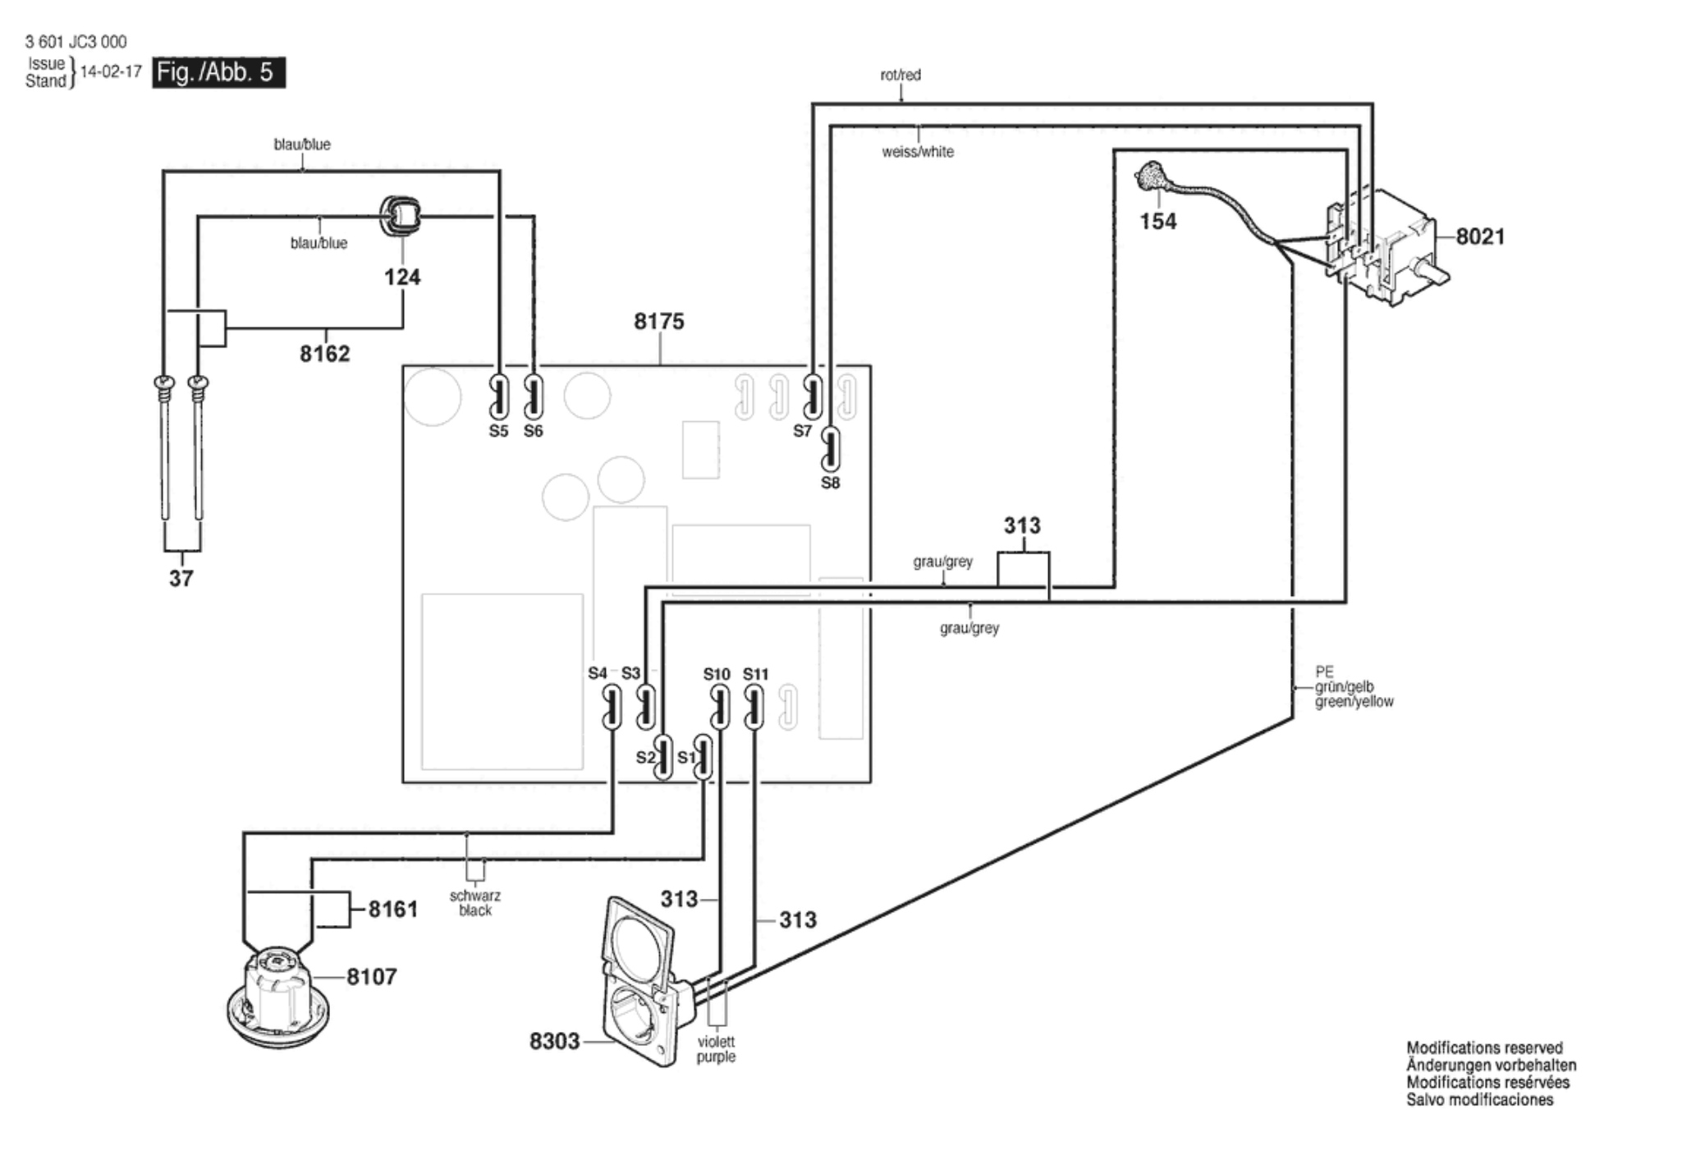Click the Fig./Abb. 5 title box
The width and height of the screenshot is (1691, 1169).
pos(219,72)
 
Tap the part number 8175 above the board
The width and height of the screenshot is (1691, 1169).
pos(658,321)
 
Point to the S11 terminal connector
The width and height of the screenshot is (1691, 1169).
pos(754,708)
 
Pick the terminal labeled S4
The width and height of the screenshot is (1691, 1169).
pos(612,708)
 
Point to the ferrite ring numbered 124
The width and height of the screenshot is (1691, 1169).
pos(401,216)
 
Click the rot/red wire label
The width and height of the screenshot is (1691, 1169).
pos(900,75)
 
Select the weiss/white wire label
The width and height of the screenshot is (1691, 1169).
pos(918,152)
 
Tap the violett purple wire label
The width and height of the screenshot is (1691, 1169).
pos(716,1049)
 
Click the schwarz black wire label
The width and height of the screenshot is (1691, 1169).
pos(475,903)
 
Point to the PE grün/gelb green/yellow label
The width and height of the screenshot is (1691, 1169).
pos(1354,687)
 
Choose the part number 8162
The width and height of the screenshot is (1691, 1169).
pos(324,354)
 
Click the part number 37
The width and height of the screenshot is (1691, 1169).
pos(181,579)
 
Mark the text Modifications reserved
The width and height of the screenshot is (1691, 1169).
pos(1484,1048)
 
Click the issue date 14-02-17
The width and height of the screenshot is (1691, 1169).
pos(111,71)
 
